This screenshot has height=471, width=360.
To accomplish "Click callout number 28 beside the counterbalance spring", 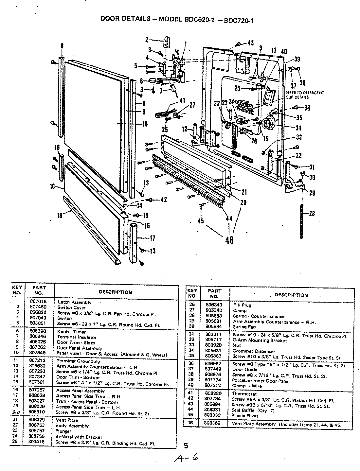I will [312, 214].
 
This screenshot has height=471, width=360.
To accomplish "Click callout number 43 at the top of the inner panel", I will [250, 43].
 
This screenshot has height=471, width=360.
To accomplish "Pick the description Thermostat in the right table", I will [244, 394].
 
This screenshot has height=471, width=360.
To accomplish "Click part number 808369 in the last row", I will [214, 423].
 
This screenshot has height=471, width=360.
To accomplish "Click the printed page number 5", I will [186, 445].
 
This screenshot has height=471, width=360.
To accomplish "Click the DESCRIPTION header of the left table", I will [115, 292].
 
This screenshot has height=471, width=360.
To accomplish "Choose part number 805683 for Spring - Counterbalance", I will [214, 316].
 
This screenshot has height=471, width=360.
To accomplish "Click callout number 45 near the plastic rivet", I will [200, 221].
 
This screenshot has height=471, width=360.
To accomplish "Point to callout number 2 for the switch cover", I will [147, 40].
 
